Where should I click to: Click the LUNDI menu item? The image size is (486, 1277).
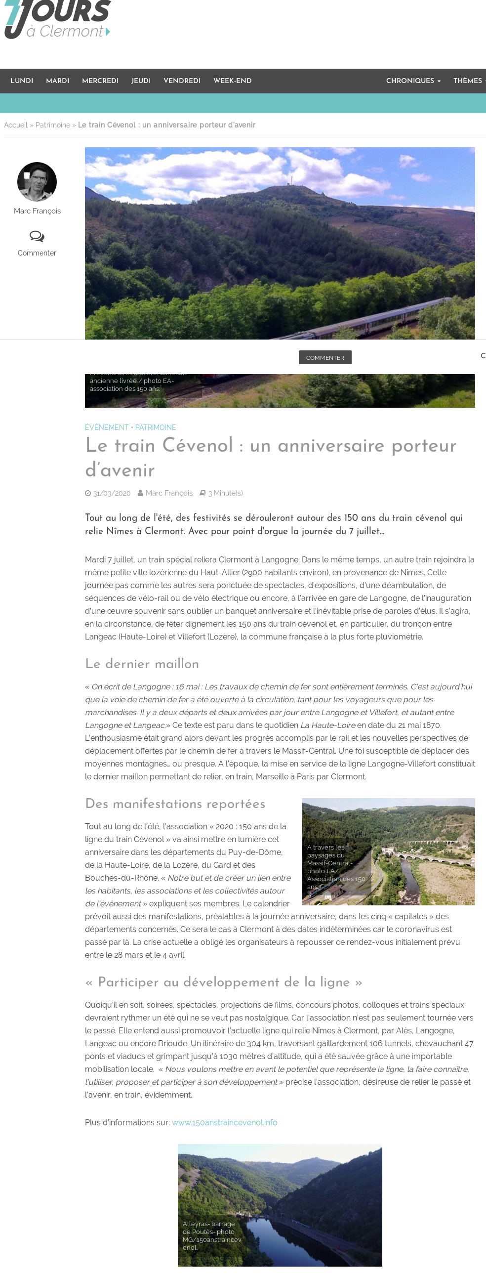click(x=22, y=81)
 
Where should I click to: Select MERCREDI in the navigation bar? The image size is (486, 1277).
click(x=100, y=81)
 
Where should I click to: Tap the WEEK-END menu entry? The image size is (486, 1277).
click(x=232, y=81)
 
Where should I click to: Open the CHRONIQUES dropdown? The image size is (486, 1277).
click(x=413, y=81)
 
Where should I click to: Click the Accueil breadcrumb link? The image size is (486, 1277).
click(x=15, y=125)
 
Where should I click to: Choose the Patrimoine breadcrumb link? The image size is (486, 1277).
click(x=52, y=125)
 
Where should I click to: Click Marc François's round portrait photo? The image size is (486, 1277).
click(x=37, y=181)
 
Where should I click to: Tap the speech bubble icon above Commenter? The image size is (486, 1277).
click(x=37, y=236)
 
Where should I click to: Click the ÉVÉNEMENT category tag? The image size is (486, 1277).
click(x=107, y=427)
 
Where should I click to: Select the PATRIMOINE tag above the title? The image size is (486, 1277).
click(x=156, y=427)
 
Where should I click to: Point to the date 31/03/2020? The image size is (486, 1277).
click(x=112, y=493)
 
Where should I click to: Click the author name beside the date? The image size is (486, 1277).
click(x=169, y=493)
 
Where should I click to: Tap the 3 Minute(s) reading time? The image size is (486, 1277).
click(x=225, y=493)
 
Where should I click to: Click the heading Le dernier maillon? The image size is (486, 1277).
click(x=142, y=664)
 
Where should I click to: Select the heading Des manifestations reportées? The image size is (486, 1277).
click(x=175, y=804)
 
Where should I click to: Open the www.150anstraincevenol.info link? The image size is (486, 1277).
click(x=224, y=1122)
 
